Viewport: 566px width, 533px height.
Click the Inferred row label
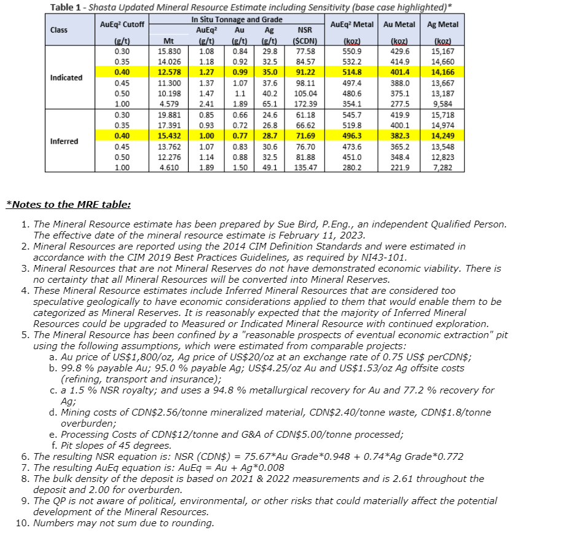pyautogui.click(x=64, y=141)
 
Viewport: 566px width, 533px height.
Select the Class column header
pyautogui.click(x=59, y=30)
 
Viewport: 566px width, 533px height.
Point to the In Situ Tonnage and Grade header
pyautogui.click(x=237, y=20)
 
